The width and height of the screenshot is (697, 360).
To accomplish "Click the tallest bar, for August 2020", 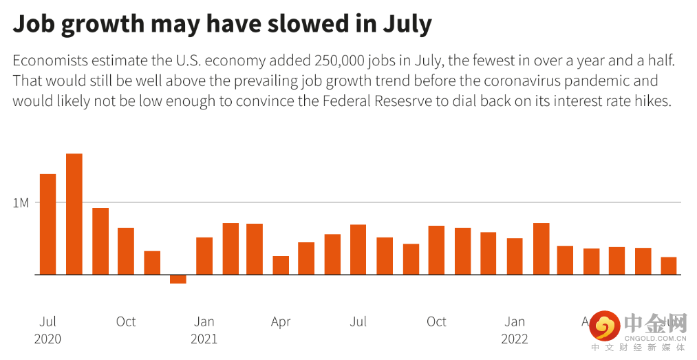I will coord(74,213).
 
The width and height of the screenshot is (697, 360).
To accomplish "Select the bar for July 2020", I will coord(47,224).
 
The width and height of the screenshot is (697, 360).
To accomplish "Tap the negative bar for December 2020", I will coord(178,279).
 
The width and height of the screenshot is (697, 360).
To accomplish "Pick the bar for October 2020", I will coord(125,251).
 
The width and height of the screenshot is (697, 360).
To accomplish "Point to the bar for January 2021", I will coord(204,255).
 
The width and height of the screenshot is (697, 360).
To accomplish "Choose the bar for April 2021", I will coord(281,265).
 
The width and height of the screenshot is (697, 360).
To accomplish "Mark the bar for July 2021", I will coord(358,249).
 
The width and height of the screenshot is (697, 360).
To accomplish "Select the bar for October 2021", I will coord(436,250).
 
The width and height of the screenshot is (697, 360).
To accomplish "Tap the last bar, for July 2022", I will coord(669,266).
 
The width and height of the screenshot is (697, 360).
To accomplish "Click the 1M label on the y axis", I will coord(21,203).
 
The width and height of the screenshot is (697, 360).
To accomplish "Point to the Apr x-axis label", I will coord(281,321).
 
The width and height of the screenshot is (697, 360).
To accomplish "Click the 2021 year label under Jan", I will coord(204,339).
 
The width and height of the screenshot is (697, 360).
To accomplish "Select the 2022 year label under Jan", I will coord(515,339).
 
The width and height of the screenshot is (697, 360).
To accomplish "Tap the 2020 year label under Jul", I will coord(47,339).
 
